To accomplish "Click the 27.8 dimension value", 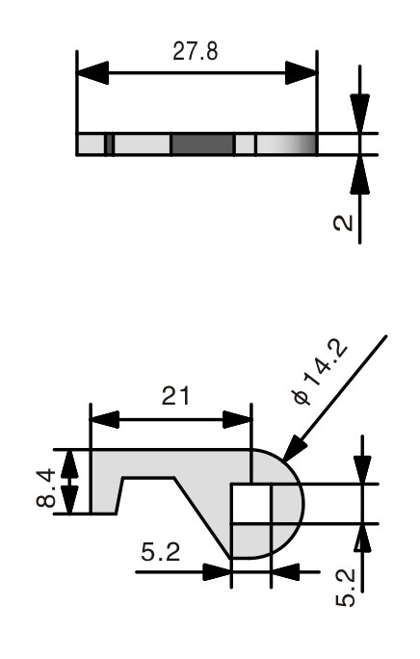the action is click(196, 52).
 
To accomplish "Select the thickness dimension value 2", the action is click(343, 223).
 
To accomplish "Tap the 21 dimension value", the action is click(175, 396).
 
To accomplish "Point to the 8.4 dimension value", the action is click(46, 488).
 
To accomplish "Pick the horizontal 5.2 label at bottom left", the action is click(161, 552).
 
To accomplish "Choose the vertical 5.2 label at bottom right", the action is click(346, 588).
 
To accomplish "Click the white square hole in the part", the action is click(251, 504).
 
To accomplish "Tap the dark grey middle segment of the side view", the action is click(202, 145).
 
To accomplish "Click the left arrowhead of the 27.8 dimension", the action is click(92, 72).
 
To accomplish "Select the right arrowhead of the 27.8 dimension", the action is click(301, 72).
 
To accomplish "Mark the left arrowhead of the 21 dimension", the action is click(105, 419).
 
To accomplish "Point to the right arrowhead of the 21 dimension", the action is click(237, 419).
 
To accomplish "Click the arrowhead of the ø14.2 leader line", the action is click(294, 448).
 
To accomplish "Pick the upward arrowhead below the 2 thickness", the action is click(360, 174).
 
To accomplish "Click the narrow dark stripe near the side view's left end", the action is click(109, 145).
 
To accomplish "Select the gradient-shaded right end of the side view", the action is click(286, 145).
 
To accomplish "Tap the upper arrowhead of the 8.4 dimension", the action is click(69, 463).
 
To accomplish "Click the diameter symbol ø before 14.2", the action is click(302, 397).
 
